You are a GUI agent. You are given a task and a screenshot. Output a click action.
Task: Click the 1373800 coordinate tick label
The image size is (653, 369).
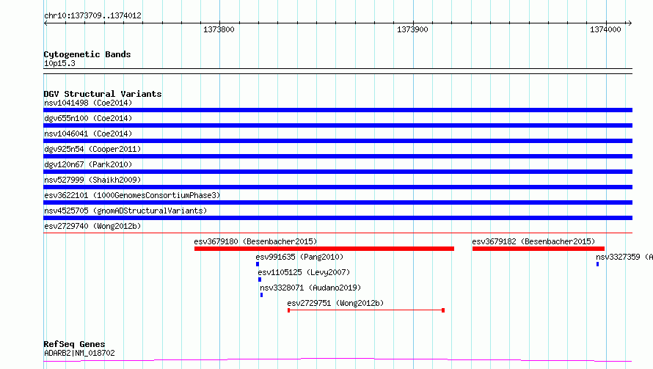coord(219,29)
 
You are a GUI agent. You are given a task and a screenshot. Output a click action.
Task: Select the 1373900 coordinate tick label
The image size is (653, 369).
coord(412,29)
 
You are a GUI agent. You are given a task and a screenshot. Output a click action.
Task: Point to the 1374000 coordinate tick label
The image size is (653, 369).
coord(605,29)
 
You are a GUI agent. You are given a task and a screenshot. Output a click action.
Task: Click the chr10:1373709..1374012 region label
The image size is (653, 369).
coord(93,16)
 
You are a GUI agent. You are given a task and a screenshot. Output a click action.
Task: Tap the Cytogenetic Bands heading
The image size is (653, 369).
coord(87,54)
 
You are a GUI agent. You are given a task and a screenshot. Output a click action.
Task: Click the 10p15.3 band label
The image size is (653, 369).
coord(59,63)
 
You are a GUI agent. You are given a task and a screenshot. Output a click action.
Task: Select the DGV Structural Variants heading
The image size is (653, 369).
coord(103,94)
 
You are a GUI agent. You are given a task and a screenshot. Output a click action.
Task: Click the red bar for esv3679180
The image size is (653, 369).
coord(324,249)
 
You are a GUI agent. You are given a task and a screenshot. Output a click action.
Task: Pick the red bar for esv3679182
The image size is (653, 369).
coord(538,249)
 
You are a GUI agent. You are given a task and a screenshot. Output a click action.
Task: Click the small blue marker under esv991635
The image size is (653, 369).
coord(258,264)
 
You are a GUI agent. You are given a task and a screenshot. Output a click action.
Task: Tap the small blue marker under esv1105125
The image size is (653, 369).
coord(260,280)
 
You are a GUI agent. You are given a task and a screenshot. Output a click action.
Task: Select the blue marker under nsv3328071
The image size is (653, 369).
coord(261,295)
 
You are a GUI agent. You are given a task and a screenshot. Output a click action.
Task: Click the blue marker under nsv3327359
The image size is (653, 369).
coord(598,264)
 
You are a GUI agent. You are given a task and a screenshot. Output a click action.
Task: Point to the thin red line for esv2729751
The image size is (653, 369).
coord(365,310)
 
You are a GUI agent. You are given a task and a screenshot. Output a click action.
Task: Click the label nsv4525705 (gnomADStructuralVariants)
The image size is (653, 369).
coord(125,211)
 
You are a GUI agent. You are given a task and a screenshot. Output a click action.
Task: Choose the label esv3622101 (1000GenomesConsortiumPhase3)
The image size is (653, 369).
coord(132,195)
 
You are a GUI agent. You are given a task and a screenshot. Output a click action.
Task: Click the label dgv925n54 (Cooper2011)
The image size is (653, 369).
coord(92,149)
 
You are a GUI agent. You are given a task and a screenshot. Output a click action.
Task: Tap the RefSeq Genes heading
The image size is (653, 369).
coord(74,344)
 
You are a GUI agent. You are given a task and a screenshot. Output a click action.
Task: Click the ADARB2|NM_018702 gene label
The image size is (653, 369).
coord(79,353)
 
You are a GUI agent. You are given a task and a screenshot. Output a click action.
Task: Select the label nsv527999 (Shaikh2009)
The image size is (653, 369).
coord(92,180)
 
